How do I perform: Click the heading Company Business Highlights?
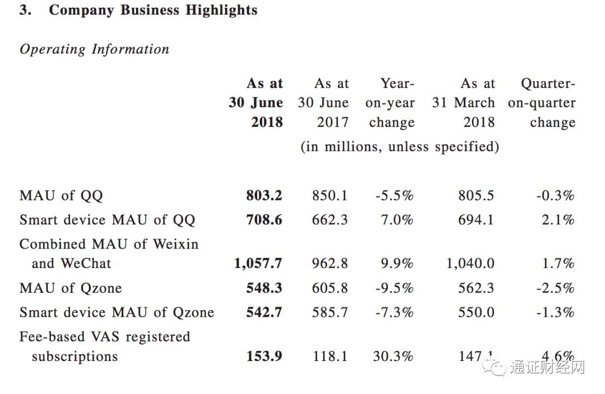point(153,10)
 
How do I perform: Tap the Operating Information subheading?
point(94,49)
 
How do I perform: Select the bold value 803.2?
point(264,195)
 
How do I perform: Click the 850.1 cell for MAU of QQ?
point(329,195)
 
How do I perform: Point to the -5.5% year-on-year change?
point(394,195)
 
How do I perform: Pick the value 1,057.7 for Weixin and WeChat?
point(258,263)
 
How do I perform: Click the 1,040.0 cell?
point(471,263)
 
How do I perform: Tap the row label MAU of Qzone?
point(71,288)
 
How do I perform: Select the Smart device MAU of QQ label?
point(107,220)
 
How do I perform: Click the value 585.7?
point(329,312)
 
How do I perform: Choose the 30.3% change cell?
point(393,356)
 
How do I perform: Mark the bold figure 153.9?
point(264,356)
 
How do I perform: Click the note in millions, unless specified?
point(399,147)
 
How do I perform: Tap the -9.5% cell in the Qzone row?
point(394,288)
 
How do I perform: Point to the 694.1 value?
point(476,220)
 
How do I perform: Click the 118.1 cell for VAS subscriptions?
point(329,356)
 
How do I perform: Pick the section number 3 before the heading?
point(25,10)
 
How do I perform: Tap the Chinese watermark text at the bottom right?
point(547,368)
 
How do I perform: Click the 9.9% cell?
point(397,263)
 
